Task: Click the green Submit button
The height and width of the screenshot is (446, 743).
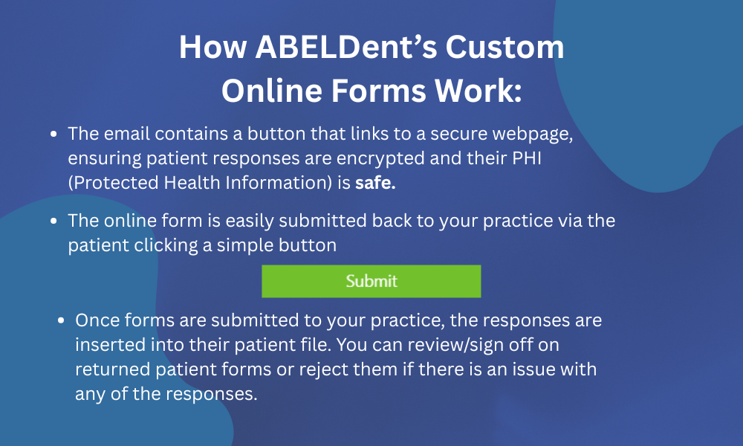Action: coord(371,282)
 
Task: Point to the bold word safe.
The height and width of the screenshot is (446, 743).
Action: coord(375,184)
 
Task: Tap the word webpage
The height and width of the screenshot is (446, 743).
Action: coord(523,135)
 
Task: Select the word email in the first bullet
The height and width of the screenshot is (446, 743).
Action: coord(126,135)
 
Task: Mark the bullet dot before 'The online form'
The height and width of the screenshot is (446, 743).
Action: coord(54,222)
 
